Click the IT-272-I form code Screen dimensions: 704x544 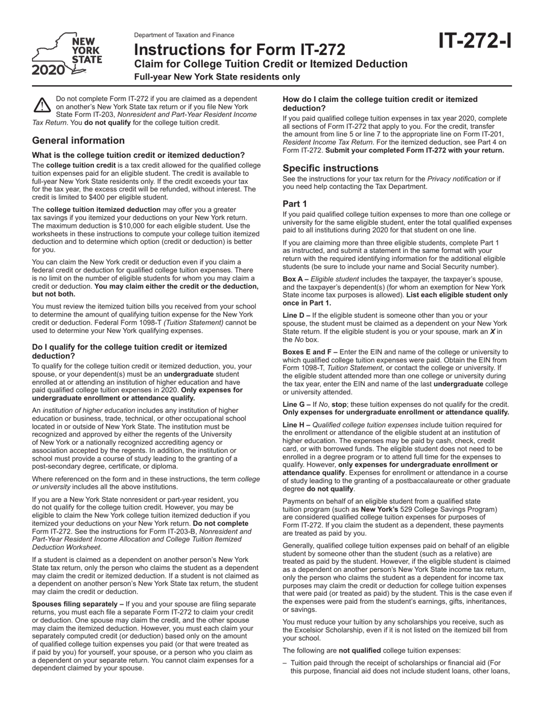[x=475, y=41]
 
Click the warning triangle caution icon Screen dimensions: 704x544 [x=42, y=105]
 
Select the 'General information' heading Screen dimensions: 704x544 [x=78, y=141]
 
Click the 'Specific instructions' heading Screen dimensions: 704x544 [x=330, y=168]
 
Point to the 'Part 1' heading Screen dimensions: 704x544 [x=295, y=204]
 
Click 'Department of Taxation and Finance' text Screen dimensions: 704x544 [x=184, y=35]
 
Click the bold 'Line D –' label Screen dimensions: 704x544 [x=297, y=315]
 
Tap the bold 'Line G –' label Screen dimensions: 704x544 [x=297, y=404]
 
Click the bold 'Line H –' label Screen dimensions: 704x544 [x=297, y=425]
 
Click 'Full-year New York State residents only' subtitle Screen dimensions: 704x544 [x=217, y=77]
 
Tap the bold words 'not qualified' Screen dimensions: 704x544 [x=358, y=650]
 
